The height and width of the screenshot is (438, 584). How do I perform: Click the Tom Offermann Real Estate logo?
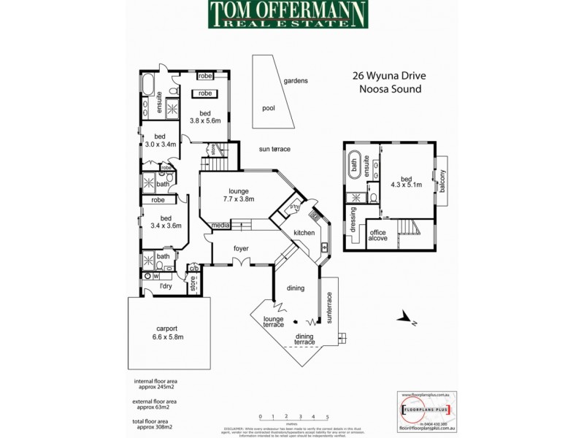pos(289,15)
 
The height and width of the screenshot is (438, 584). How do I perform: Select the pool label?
pos(268,107)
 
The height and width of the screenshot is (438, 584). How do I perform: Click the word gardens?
pos(296,80)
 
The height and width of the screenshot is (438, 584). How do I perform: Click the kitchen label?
pos(304,233)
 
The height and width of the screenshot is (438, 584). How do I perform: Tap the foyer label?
pos(241,248)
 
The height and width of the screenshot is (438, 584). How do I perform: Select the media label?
pos(221,226)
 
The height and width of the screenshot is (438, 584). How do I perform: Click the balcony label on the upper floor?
pos(442,181)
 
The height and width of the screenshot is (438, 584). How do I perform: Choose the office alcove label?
pos(377,236)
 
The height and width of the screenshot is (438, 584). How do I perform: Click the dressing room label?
pos(353,219)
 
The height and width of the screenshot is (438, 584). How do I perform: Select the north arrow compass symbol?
pos(403,318)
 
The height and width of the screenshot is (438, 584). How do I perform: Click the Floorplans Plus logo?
pos(427,410)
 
